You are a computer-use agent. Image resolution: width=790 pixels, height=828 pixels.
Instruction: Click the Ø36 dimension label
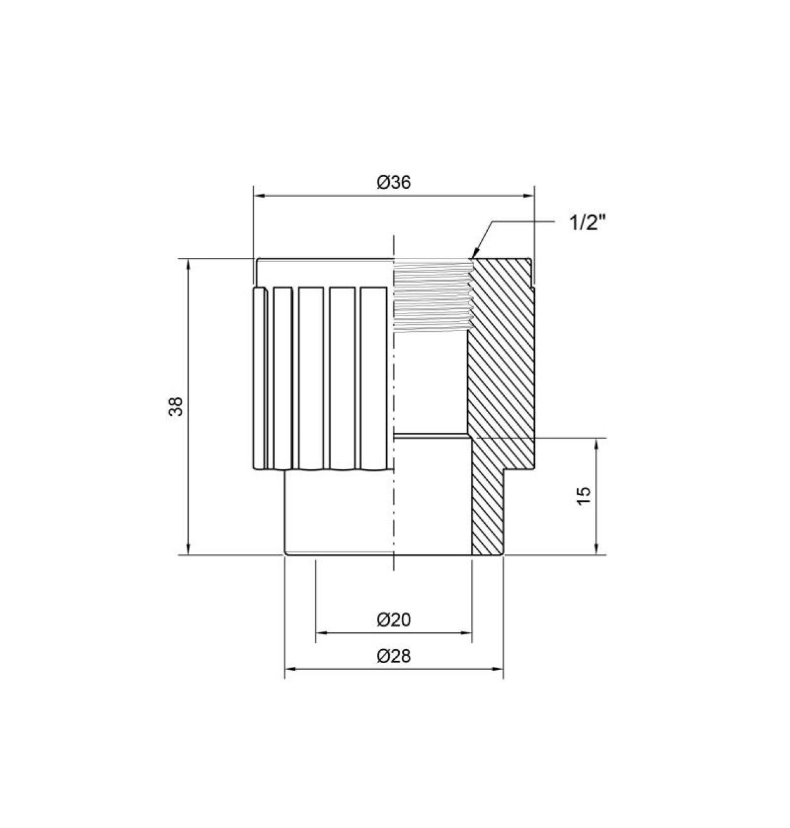393,183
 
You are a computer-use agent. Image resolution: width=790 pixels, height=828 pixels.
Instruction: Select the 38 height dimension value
176,406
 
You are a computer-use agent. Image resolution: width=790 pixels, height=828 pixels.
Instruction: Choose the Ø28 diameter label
393,656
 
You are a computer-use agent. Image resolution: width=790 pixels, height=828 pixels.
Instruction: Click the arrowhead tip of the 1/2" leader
473,257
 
